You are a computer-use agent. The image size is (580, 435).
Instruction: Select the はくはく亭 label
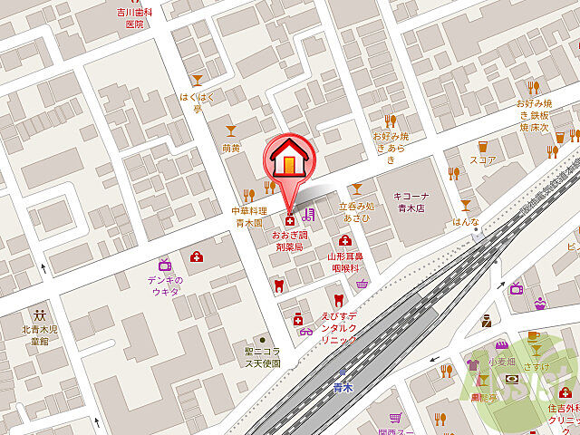coord(197,102)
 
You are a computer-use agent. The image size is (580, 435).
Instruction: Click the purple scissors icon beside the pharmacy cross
coord(309,215)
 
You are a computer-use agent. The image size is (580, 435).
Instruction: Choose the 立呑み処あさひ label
coord(356,212)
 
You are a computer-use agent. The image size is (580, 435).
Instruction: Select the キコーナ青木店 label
coord(420,200)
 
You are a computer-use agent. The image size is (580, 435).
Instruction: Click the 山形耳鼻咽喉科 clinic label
coord(345,262)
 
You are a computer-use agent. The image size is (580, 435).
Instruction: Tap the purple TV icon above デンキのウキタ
coord(165,265)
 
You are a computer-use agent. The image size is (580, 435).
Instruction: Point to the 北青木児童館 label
coord(41,335)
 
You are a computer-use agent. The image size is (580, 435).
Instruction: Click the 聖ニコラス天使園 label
coord(262,357)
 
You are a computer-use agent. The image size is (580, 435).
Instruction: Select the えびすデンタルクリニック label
coord(339,327)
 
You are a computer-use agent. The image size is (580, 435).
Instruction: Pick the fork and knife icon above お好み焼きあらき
coord(390,121)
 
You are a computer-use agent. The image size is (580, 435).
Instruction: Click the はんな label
coord(466,220)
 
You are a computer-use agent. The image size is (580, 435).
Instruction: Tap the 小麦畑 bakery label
coord(501,362)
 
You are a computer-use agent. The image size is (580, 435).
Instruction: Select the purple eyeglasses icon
coord(305,330)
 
